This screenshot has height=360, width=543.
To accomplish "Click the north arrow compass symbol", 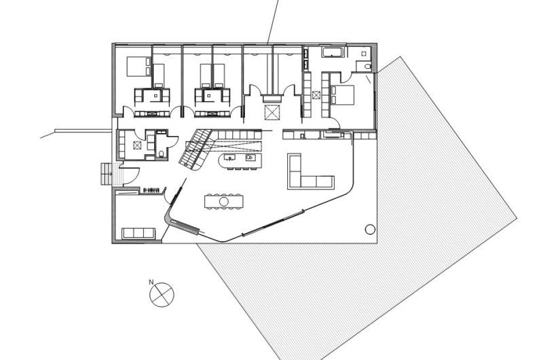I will [162, 294].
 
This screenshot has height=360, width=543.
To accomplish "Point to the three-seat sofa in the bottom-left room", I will [138, 233].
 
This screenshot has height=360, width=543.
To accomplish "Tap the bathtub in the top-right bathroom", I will [333, 53].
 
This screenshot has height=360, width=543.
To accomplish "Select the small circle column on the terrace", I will [370, 229].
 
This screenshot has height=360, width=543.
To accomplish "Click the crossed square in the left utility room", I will [138, 145].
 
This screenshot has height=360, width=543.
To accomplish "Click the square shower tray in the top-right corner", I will [364, 52].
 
